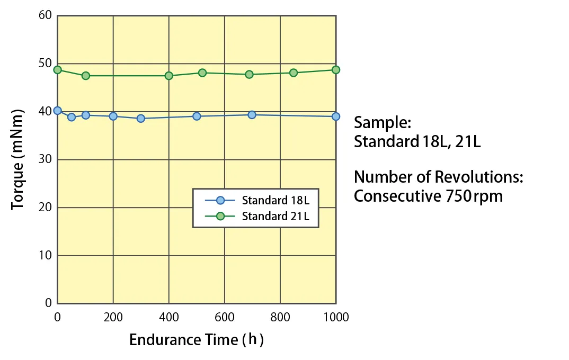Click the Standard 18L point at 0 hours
[57, 111]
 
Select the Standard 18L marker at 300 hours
[141, 118]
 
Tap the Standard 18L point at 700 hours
[252, 114]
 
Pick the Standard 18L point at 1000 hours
[335, 116]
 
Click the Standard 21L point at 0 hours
[57, 70]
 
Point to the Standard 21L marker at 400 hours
[169, 76]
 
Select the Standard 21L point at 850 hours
[294, 73]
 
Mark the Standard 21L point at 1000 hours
[335, 70]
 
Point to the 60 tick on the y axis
[45, 15]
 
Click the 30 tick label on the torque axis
[45, 159]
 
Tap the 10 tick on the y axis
[45, 256]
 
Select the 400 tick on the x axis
[169, 317]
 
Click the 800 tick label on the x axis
[280, 317]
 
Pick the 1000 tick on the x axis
[335, 317]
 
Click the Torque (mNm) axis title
[18, 159]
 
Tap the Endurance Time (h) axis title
[196, 339]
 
